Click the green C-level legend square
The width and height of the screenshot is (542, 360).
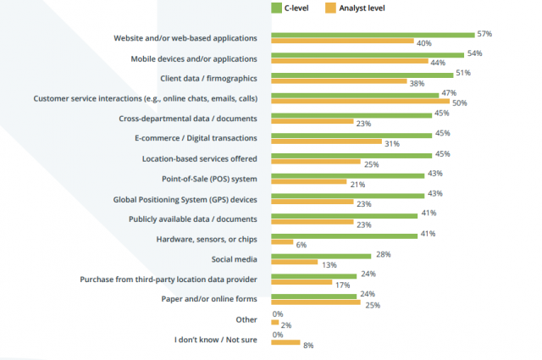pos(276,8)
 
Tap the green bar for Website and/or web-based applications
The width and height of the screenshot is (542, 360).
pos(373,35)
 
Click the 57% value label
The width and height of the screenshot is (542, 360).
pos(484,34)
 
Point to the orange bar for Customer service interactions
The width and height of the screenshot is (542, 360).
pos(360,101)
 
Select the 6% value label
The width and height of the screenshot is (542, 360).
pos(301,244)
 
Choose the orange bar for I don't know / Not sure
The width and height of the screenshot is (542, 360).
pos(285,342)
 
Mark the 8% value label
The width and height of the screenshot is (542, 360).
pos(309,346)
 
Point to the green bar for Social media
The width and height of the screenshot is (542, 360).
pos(321,255)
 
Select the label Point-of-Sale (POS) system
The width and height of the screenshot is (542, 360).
pos(210,178)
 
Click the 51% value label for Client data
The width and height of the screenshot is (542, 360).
pos(462,74)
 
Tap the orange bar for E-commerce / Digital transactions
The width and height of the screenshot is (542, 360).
pos(326,141)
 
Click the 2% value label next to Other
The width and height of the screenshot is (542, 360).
pos(287,325)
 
